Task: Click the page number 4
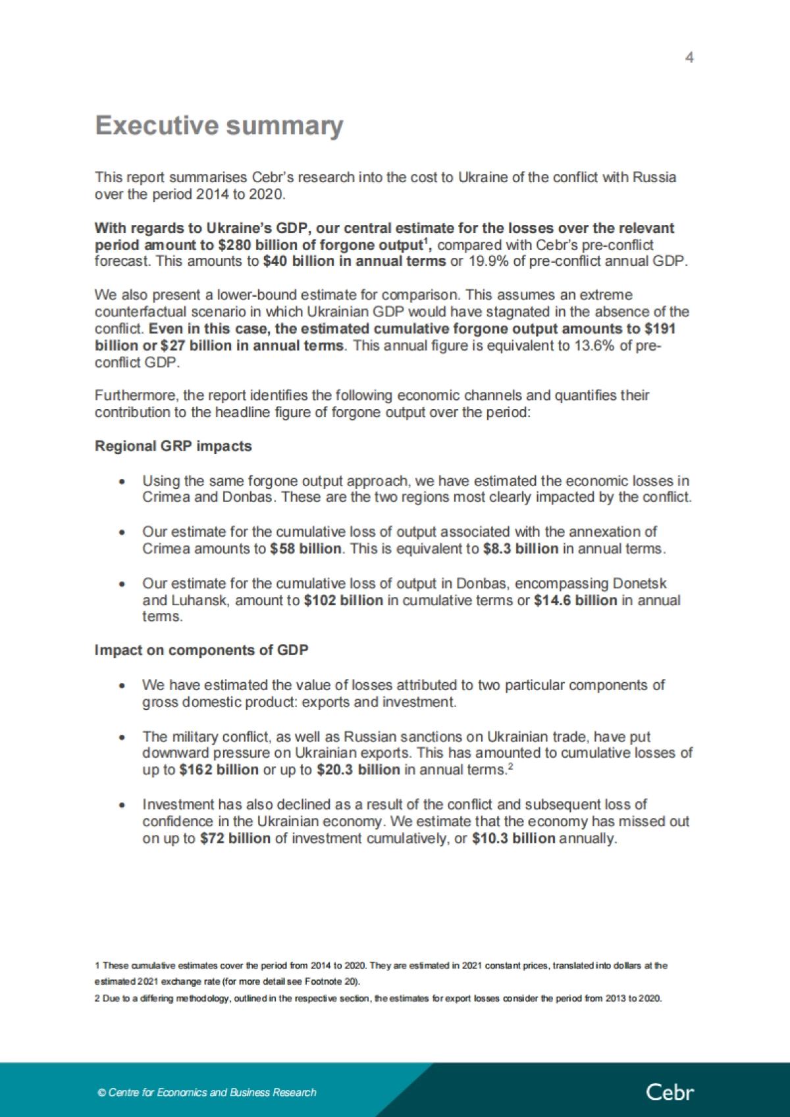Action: click(x=689, y=58)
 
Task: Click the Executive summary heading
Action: click(x=219, y=126)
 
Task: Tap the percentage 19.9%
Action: click(x=489, y=261)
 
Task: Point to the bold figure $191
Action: click(x=660, y=329)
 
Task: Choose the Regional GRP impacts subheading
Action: click(x=173, y=446)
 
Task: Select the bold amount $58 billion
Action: click(x=305, y=549)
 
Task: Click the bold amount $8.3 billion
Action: click(x=520, y=549)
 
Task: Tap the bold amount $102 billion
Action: click(x=343, y=601)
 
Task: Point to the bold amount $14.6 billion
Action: click(x=575, y=601)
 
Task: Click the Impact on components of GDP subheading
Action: click(x=201, y=650)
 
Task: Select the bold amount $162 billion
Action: click(x=219, y=770)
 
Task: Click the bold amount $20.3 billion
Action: click(x=357, y=770)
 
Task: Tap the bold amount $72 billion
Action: click(x=235, y=839)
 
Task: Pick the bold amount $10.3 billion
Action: click(x=513, y=839)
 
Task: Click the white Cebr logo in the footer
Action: click(x=670, y=1092)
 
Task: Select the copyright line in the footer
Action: click(x=207, y=1093)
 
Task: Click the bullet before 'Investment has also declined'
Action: click(x=122, y=805)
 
